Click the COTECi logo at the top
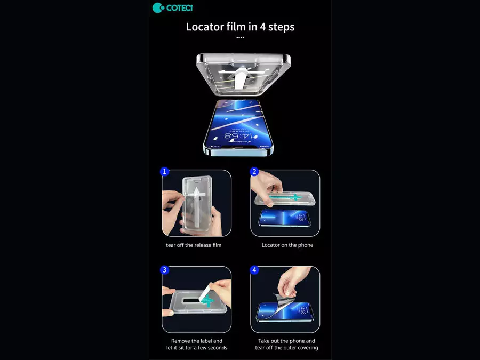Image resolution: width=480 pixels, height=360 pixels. coord(173,7)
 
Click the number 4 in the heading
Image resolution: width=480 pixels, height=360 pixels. coord(262,27)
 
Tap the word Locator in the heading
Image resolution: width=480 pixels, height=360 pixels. coord(205,27)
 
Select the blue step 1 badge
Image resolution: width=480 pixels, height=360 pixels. coord(165,171)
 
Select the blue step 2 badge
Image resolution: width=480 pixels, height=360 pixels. coord(254,171)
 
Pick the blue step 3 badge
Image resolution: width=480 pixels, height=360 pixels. coord(165,270)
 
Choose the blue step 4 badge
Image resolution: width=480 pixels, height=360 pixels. coord(254,270)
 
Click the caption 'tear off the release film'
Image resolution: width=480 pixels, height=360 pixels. coord(194,245)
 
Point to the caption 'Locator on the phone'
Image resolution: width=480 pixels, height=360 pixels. coord(287,245)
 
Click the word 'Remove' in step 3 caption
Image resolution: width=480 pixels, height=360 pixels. coord(181,341)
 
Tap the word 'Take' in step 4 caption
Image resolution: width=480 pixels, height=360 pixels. coord(264,341)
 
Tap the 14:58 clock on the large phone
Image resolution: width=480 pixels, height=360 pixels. coord(237,135)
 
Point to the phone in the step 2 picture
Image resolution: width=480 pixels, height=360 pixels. coord(284,218)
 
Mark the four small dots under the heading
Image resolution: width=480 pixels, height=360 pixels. coord(240,38)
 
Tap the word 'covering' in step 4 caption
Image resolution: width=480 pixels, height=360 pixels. coord(307,348)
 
